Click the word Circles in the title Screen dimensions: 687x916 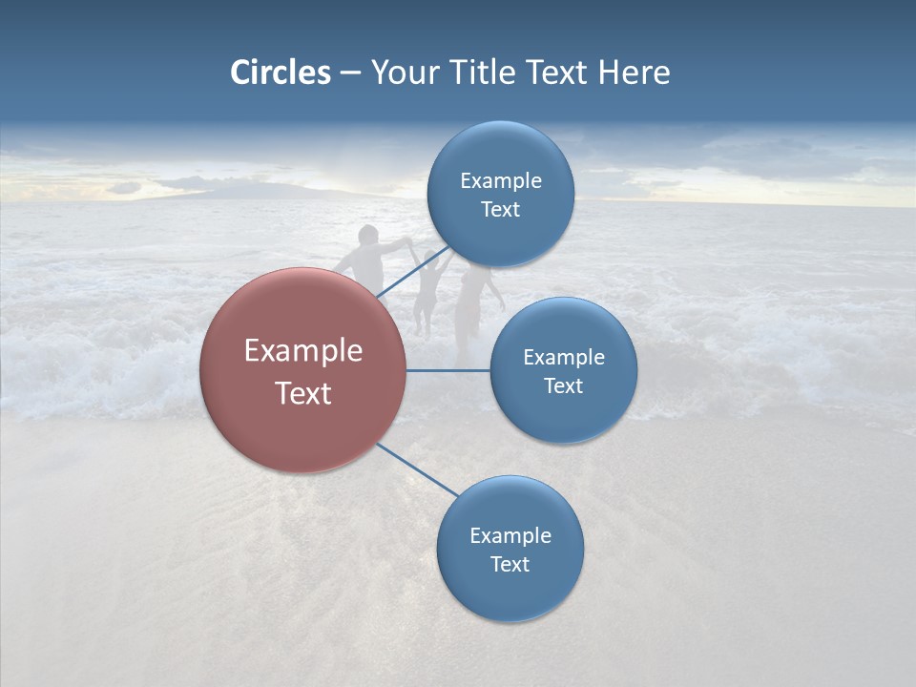coord(280,73)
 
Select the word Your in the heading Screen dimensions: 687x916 coord(405,73)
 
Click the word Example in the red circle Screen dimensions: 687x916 coord(303,351)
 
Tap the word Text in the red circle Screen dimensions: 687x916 coord(303,393)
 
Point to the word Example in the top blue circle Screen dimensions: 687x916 coord(500,181)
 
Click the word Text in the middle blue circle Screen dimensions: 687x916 coord(563,385)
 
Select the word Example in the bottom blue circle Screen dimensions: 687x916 coord(510,535)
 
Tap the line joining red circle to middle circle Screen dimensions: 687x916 coord(448,370)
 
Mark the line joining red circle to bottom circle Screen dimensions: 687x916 coord(418,470)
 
